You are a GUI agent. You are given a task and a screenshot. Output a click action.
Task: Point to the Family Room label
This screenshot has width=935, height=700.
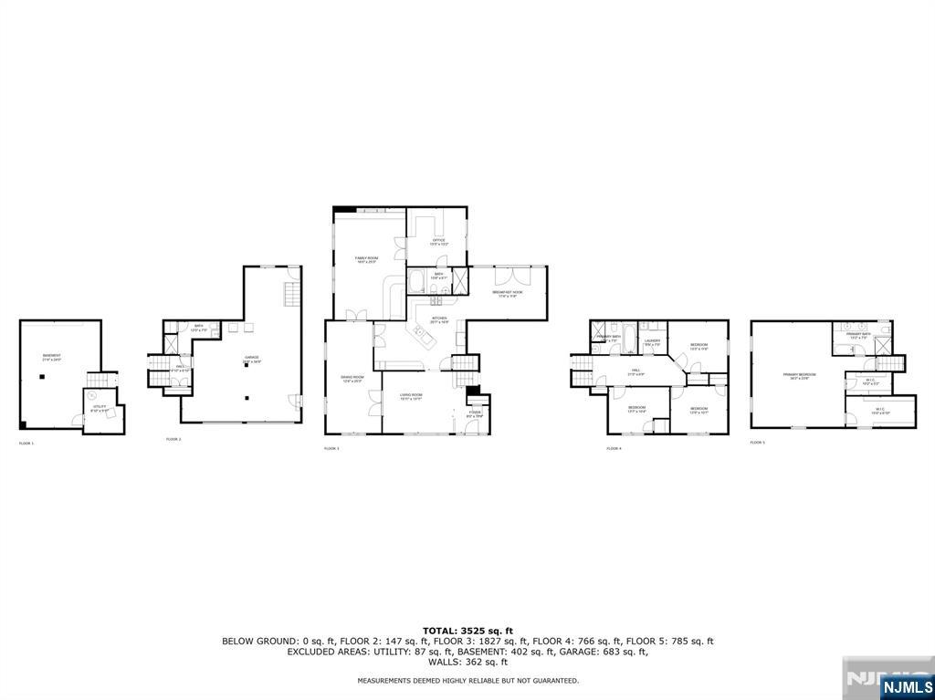[x=366, y=260]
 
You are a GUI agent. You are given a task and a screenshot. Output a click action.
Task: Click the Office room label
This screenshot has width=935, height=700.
[x=438, y=242]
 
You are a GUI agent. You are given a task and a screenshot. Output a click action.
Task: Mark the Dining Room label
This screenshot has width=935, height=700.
[x=352, y=379]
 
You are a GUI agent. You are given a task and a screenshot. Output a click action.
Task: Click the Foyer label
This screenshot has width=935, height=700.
[x=475, y=414]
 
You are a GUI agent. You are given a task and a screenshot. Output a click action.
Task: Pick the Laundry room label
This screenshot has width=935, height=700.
[x=652, y=342]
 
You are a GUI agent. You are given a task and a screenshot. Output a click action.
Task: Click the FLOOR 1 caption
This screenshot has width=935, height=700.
[x=26, y=444]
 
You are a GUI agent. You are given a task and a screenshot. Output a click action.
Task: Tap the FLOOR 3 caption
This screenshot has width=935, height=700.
[x=331, y=448]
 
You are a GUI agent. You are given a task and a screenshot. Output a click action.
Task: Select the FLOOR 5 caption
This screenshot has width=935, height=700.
[x=757, y=443]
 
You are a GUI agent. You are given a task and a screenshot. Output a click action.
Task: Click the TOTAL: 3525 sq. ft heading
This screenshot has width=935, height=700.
[x=467, y=631]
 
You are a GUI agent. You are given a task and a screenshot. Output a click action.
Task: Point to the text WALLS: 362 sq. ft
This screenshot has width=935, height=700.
[x=467, y=662]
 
